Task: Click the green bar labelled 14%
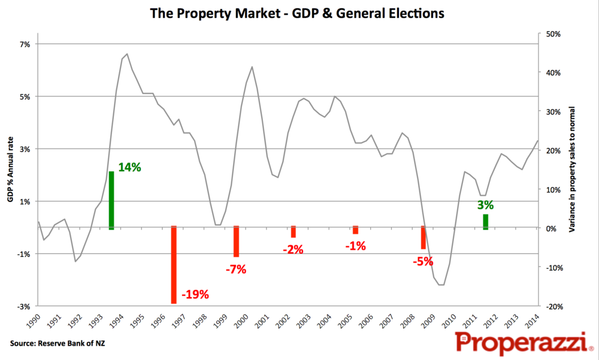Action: pos(111,200)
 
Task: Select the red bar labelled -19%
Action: pos(174,265)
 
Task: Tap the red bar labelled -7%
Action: pos(236,241)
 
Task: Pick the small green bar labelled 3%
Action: pos(485,222)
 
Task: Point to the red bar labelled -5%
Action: pos(423,237)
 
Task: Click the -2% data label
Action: pos(293,250)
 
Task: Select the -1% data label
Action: pos(355,245)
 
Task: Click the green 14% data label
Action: pos(129,168)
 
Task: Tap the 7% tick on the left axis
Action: pos(25,44)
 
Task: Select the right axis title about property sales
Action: pos(572,170)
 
